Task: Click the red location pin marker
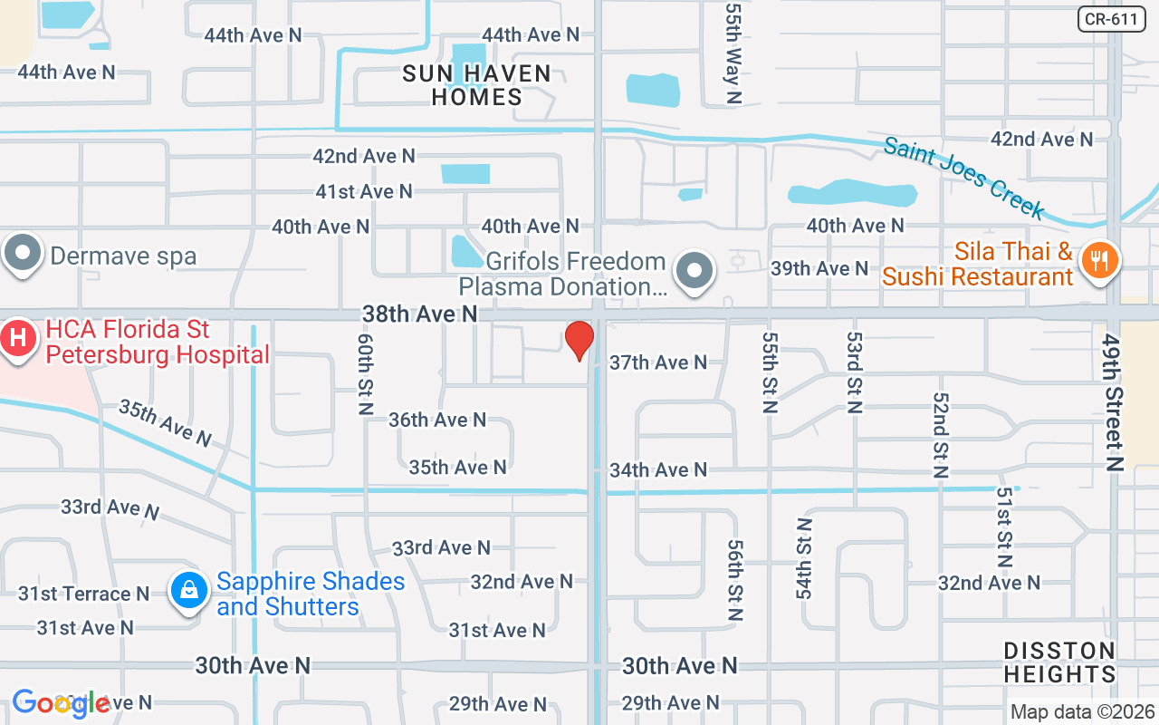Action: (x=579, y=340)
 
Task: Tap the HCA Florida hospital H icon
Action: (x=16, y=339)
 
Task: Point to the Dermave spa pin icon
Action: (x=23, y=255)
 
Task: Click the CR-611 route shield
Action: (x=1112, y=19)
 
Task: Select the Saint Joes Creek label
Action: (x=965, y=176)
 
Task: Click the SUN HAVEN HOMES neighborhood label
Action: (x=477, y=85)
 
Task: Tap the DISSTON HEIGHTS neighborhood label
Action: (x=1059, y=662)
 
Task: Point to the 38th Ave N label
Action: (x=419, y=314)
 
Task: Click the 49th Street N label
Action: (x=1113, y=401)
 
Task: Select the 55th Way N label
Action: (x=733, y=52)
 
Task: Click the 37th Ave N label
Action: (x=658, y=362)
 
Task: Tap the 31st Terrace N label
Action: (x=83, y=594)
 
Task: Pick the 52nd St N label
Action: (x=939, y=434)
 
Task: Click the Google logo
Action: (x=61, y=703)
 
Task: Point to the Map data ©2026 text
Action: (x=1082, y=711)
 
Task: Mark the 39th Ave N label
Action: (x=819, y=268)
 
